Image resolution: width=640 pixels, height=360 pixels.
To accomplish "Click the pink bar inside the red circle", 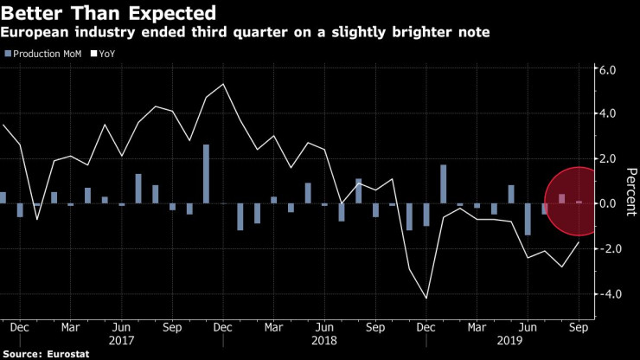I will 561,198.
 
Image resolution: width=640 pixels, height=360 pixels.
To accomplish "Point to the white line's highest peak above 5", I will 224,84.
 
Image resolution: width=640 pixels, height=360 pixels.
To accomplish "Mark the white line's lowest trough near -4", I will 426,299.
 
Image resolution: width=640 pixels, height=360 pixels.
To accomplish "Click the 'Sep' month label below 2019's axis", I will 577,329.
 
